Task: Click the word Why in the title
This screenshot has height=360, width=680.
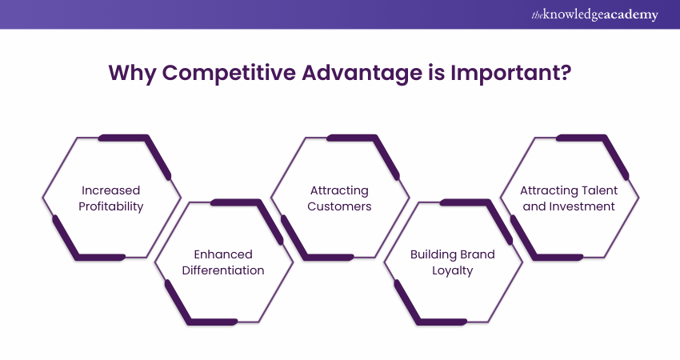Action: coord(132,73)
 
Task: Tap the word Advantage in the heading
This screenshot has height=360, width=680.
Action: coord(362,73)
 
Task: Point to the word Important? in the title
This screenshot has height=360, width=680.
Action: coord(510,73)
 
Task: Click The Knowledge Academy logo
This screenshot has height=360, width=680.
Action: coord(594,14)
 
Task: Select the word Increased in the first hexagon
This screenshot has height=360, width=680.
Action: coord(110,190)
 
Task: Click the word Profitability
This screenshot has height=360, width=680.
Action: coord(110,207)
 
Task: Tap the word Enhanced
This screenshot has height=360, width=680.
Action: coord(223,254)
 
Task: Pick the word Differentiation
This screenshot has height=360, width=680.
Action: coord(223,270)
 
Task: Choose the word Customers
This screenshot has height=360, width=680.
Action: coord(339,206)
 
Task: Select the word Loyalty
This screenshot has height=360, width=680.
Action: coord(452,271)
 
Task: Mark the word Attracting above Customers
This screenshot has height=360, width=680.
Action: coord(339,191)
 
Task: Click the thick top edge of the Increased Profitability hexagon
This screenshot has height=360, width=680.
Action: coord(124,138)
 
